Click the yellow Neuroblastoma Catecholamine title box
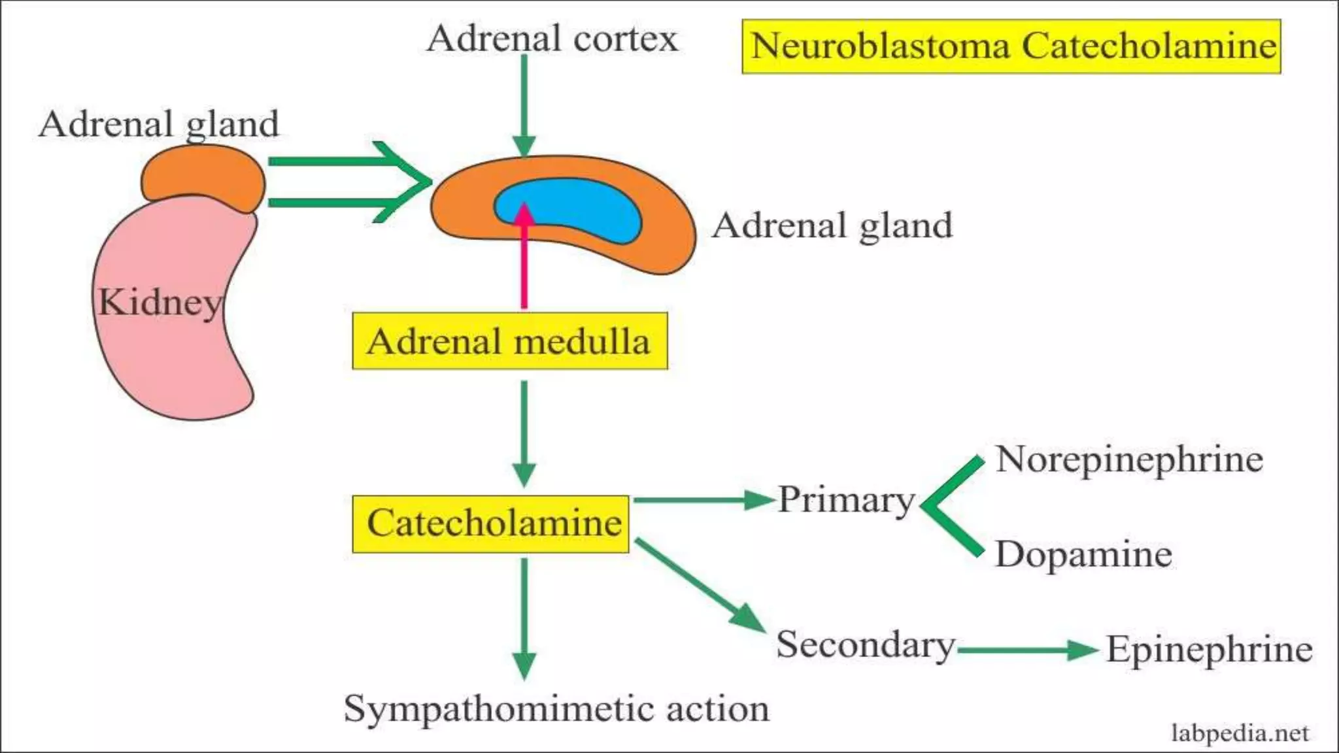1011,46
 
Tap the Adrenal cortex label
552,38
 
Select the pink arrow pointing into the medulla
524,261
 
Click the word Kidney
160,303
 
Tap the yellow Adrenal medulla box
509,341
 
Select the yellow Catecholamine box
490,524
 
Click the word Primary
845,501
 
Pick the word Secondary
865,644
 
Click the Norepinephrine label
1129,460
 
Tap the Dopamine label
1083,554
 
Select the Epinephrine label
1209,650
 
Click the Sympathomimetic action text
556,709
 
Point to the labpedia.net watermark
1240,733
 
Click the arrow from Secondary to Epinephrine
1026,650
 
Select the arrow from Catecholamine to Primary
703,500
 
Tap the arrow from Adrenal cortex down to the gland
524,105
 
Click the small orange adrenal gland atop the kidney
203,176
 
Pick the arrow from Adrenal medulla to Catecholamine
524,431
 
